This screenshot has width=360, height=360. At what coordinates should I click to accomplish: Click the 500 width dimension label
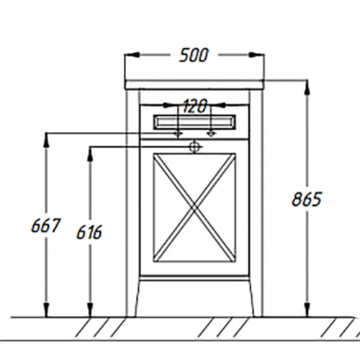click(194, 55)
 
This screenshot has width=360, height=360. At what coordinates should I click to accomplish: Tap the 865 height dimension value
click(307, 199)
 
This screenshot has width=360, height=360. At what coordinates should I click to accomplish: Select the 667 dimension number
click(45, 225)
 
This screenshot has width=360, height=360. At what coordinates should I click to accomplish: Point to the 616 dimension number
click(89, 232)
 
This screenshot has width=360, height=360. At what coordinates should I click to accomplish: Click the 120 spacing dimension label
click(194, 106)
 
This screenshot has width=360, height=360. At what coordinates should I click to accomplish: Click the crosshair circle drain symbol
click(194, 147)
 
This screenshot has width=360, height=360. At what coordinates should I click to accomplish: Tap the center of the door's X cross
click(194, 207)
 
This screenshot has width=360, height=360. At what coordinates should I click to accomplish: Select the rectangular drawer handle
click(194, 122)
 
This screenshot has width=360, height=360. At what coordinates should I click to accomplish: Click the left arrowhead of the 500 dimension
click(132, 55)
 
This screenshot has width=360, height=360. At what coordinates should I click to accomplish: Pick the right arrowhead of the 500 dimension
click(256, 55)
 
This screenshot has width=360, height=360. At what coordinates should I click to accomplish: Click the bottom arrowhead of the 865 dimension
click(307, 310)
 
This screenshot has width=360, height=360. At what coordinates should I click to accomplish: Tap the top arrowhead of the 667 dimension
click(47, 140)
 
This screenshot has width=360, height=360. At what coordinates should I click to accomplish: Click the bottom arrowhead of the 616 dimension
click(90, 310)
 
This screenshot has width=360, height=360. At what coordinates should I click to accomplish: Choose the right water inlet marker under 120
click(211, 133)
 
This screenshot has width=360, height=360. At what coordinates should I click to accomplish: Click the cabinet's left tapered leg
click(138, 297)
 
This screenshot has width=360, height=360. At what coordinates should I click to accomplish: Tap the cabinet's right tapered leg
click(251, 297)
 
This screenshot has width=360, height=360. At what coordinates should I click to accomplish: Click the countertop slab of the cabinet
click(194, 85)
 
